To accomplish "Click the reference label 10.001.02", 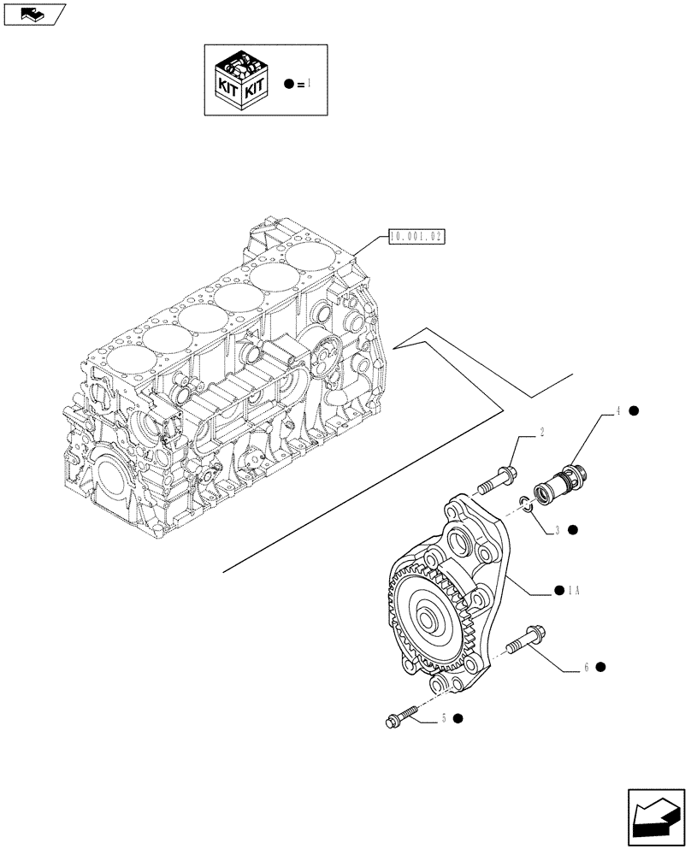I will pos(417,236).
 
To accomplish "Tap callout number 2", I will pos(541,433).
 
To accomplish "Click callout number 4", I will pos(616,411).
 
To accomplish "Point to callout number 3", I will pos(557,530).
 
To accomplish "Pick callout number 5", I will pos(445,719).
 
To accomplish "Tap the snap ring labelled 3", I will pos(527,506).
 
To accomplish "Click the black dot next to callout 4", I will pos(634,411).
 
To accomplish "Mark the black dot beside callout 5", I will pos(459,719).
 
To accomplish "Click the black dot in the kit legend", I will pos(289,83).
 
